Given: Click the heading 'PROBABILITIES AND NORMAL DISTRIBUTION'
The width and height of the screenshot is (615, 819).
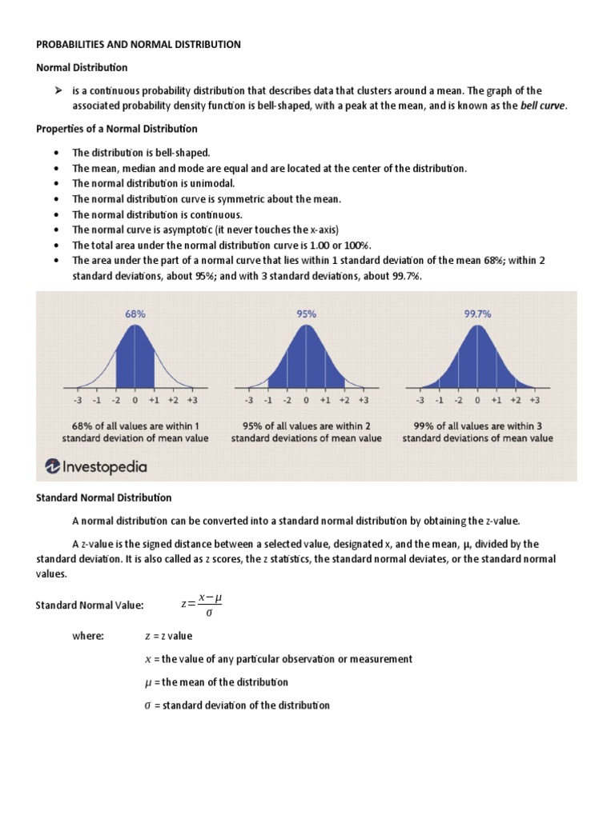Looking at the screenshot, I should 139,45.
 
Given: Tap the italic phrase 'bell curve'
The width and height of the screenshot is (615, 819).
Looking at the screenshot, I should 542,106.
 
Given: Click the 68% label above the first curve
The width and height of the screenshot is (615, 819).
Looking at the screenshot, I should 135,314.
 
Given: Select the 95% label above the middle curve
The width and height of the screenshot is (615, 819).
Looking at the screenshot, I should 306,314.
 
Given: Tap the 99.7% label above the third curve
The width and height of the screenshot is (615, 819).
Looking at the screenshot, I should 477,314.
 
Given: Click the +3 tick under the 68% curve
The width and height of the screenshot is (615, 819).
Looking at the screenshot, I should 192,399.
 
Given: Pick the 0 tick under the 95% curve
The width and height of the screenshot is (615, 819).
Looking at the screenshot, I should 306,399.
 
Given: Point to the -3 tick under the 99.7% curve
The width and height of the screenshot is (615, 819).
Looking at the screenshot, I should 420,399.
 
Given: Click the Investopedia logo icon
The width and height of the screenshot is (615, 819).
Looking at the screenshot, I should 53,465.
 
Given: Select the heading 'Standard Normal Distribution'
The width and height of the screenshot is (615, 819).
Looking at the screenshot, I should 103,497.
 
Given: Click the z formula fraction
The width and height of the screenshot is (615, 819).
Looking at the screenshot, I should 202,605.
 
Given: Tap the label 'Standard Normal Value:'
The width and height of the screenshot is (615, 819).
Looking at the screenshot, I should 90,605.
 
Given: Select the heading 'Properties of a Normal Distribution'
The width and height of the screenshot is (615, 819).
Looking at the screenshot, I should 117,128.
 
